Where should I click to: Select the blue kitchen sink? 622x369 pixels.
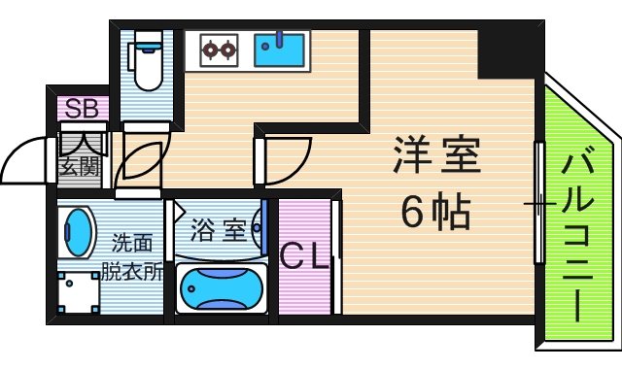coord(280,49)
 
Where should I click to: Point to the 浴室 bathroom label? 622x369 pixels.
coord(216,230)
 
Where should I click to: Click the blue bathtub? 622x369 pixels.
coord(222,288)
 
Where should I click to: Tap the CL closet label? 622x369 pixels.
coord(304,257)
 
